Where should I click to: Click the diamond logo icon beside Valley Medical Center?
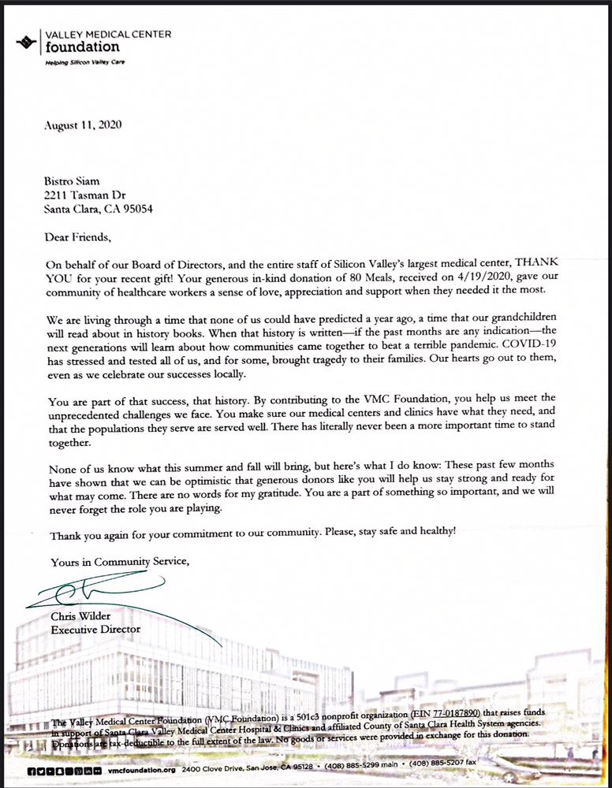28,41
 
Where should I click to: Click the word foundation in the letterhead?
82,46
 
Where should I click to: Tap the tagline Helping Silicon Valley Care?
84,61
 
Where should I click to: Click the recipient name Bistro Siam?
72,180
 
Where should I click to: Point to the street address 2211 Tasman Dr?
85,195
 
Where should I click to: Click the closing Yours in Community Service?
120,562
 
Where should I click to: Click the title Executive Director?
95,630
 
